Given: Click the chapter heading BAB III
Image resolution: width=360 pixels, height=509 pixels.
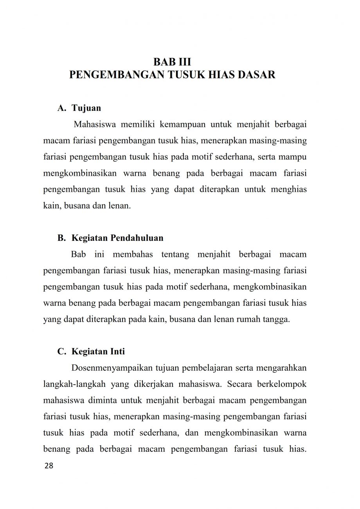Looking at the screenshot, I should pos(172,62).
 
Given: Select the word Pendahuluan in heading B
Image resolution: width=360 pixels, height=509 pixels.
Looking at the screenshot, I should pos(137,238).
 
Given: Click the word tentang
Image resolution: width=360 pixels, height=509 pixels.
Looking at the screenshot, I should pos(175,254).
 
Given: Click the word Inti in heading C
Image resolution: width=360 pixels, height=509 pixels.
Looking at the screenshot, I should pos(117,352).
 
